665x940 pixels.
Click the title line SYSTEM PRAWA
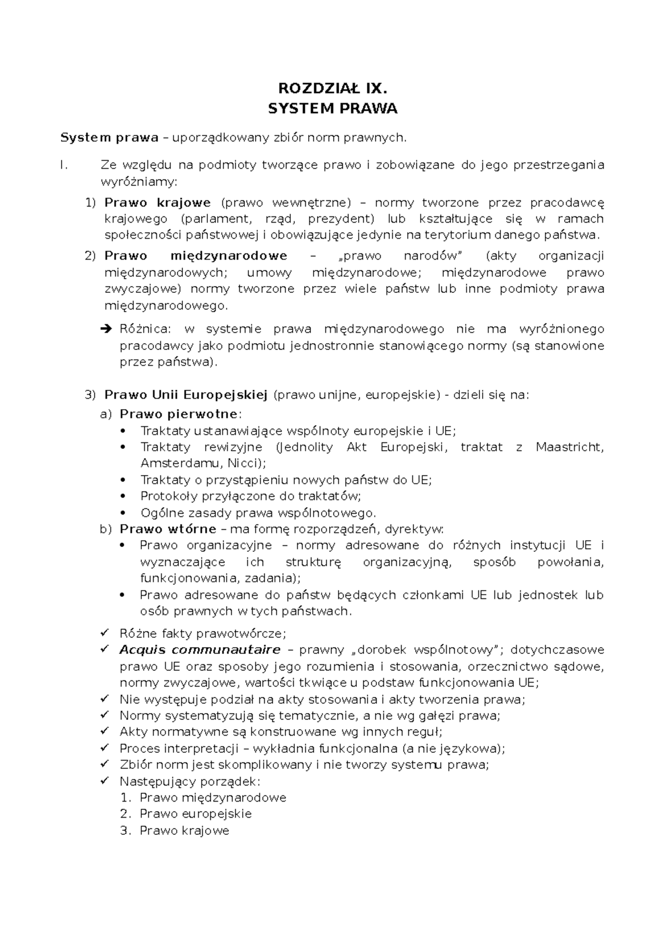(332, 109)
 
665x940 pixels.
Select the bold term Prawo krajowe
(157, 203)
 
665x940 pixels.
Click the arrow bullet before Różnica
(107, 329)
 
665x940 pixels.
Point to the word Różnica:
(146, 329)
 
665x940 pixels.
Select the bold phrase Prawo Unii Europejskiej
(186, 395)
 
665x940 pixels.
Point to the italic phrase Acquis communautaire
(199, 649)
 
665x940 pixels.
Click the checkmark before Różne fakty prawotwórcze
(105, 633)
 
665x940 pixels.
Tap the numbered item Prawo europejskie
(196, 814)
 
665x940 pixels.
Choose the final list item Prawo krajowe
(184, 830)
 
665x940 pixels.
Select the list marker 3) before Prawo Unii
(90, 395)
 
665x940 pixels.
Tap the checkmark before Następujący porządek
(105, 781)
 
